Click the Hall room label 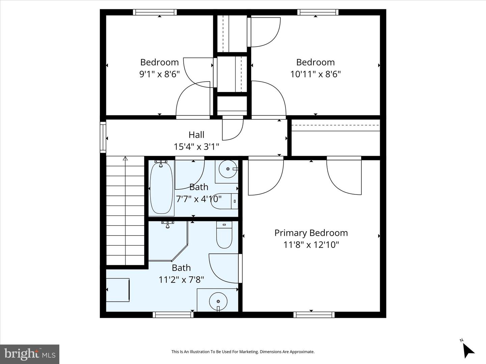point(196,135)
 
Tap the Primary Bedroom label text point(311,233)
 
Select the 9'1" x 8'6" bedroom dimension point(159,74)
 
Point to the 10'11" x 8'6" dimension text point(315,74)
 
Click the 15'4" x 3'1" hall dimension point(196,147)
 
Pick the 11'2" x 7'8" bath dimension point(181,279)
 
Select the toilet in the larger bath point(224,236)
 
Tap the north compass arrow point(468,350)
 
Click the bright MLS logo point(30,354)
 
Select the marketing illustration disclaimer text point(243,352)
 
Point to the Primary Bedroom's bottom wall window point(314,315)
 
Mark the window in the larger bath point(173,315)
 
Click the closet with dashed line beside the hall point(335,138)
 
